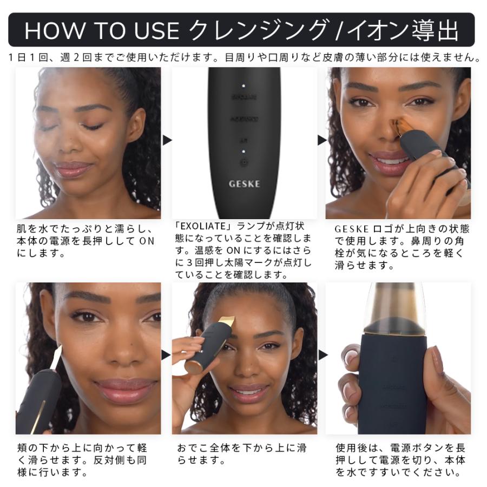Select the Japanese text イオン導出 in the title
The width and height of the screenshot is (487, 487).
[404, 31]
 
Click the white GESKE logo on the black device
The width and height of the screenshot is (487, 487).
[244, 183]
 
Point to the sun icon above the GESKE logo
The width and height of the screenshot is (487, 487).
[244, 162]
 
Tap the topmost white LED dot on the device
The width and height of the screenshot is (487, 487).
[244, 85]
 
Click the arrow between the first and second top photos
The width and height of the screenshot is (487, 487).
[167, 140]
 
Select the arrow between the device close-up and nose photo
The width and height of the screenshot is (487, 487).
[321, 140]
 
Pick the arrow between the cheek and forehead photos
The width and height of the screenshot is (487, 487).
[167, 355]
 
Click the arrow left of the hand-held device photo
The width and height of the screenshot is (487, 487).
[321, 355]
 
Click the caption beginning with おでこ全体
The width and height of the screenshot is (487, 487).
[241, 455]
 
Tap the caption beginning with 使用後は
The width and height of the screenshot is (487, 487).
[400, 460]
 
